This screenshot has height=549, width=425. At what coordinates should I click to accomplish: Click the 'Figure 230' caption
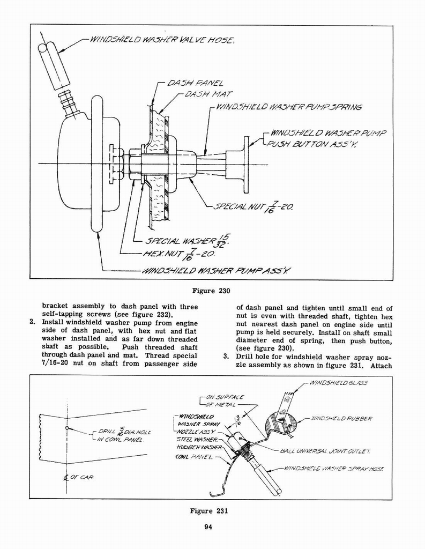tap(211, 292)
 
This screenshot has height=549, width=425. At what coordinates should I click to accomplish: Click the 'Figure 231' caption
tap(209, 510)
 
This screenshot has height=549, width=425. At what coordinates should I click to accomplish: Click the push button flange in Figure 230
tap(246, 165)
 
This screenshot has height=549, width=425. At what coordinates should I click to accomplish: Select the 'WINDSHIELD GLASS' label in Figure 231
tap(343, 383)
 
